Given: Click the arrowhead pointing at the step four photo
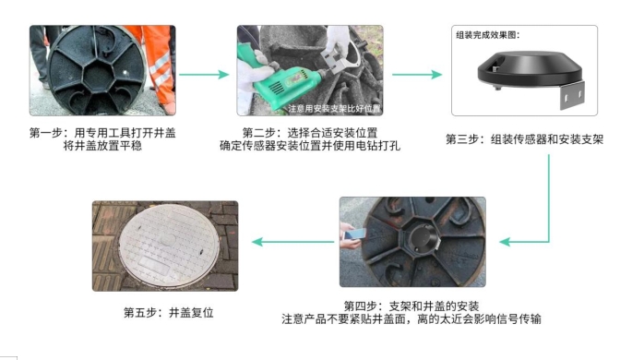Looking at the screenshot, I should pos(505,243).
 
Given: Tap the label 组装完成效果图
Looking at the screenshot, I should pos(488,35).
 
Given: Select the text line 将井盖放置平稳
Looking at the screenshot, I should pos(101,146).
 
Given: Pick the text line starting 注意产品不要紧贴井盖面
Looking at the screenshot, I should pos(411,319).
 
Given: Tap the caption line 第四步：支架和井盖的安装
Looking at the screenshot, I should pos(411,306).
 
